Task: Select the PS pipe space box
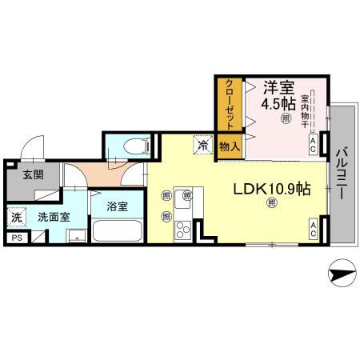click(x=17, y=237)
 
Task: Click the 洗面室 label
click(x=54, y=216)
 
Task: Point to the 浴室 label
click(x=118, y=206)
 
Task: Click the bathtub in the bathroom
click(x=118, y=232)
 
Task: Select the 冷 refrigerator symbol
click(x=203, y=146)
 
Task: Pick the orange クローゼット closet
click(x=229, y=104)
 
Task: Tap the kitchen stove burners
click(x=182, y=231)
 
